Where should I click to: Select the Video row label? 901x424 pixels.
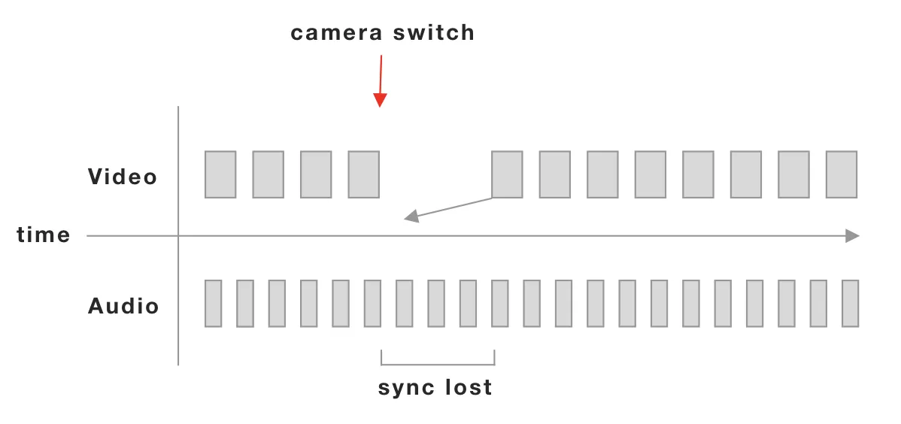[123, 177]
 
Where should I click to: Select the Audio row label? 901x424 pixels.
[123, 306]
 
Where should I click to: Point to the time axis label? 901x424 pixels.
[44, 235]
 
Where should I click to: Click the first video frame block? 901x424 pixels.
[220, 174]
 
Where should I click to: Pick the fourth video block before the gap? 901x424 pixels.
[363, 174]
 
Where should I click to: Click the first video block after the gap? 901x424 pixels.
[507, 174]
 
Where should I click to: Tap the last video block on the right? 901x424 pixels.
[841, 174]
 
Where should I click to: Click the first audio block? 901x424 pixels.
[214, 304]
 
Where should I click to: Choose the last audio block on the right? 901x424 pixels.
[850, 304]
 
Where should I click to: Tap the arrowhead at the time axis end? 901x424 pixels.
[852, 236]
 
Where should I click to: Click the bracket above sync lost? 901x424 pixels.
[438, 362]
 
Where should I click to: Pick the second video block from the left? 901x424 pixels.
[268, 174]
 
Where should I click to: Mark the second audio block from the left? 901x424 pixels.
[245, 304]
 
